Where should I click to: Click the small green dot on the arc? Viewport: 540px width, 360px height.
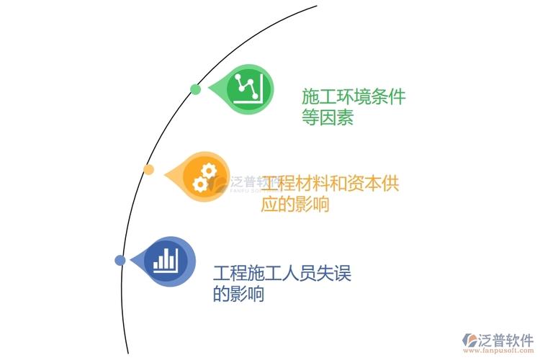pyautogui.click(x=195, y=89)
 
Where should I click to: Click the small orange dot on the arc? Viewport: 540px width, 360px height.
pyautogui.click(x=148, y=169)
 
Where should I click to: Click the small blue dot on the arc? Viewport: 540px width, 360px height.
pyautogui.click(x=120, y=260)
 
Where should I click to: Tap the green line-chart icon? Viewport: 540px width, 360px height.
pyautogui.click(x=248, y=88)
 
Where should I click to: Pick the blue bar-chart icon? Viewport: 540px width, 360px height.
pyautogui.click(x=166, y=261)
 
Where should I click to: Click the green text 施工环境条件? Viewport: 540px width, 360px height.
pyautogui.click(x=354, y=96)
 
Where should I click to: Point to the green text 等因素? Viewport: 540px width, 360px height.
pyautogui.click(x=328, y=117)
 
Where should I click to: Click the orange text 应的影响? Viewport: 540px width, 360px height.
pyautogui.click(x=295, y=204)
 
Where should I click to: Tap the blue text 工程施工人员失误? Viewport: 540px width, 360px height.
pyautogui.click(x=282, y=273)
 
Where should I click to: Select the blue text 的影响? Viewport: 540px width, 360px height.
pyautogui.click(x=238, y=294)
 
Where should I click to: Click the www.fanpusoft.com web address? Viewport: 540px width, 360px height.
pyautogui.click(x=498, y=351)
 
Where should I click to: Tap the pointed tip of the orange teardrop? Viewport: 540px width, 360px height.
pyautogui.click(x=164, y=176)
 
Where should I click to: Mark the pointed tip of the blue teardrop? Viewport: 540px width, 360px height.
pyautogui.click(x=130, y=260)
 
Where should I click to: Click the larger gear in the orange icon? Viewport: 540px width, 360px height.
pyautogui.click(x=208, y=171)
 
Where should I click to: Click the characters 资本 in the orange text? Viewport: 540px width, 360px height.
pyautogui.click(x=364, y=184)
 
